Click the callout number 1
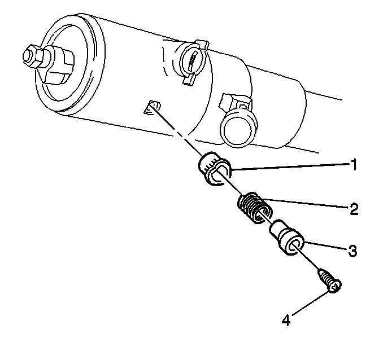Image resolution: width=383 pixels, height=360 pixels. (x=352, y=165)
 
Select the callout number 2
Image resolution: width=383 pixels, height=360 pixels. (x=353, y=209)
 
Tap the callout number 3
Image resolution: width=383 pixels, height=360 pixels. (x=352, y=251)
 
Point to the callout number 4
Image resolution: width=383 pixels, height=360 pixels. (x=286, y=320)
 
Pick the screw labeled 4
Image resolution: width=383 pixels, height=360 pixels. (x=330, y=280)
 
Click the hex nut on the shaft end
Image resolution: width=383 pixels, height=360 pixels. (x=30, y=56)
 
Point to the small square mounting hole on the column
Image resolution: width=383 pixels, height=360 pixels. (x=152, y=107)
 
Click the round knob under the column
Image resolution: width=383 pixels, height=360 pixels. (x=238, y=127)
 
